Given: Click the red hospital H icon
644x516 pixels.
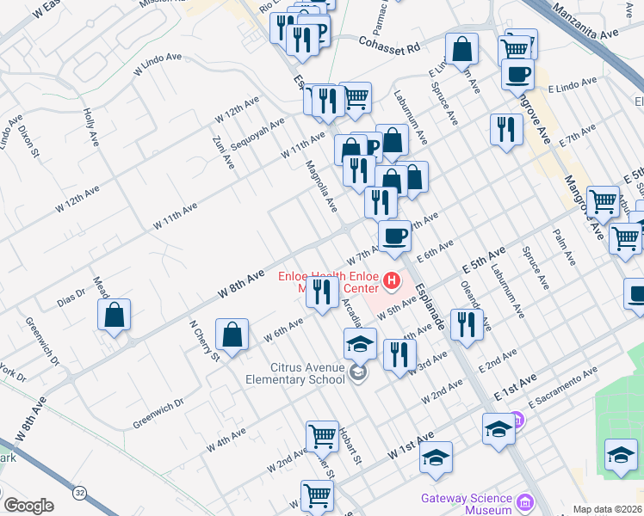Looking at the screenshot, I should [x=393, y=279].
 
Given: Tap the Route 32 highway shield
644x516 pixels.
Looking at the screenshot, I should [x=80, y=493].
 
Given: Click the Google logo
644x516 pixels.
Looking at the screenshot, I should [x=28, y=506].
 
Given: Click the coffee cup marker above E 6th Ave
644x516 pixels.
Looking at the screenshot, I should [x=394, y=235].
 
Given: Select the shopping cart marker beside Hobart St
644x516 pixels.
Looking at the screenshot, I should [x=322, y=435].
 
